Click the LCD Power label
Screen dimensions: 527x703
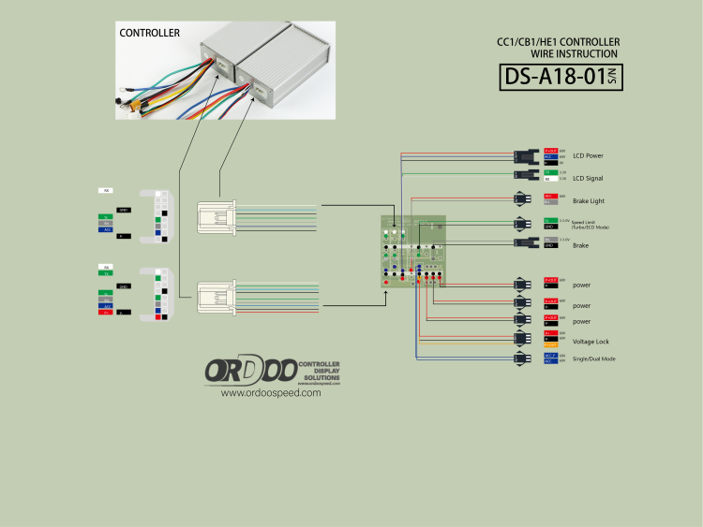(x=588, y=155)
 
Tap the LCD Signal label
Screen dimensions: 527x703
(x=588, y=178)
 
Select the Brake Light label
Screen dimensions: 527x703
(x=587, y=200)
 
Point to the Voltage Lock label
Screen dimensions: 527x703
(x=591, y=341)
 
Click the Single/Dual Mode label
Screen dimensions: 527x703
(x=594, y=359)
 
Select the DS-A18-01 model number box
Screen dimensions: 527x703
(x=561, y=77)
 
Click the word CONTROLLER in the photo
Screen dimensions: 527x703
(x=149, y=33)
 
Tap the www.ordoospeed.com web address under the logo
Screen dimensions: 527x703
(x=271, y=393)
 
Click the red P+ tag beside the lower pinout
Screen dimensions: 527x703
(x=108, y=312)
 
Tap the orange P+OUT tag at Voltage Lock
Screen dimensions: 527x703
(x=551, y=345)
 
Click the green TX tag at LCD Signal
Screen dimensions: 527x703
(x=551, y=172)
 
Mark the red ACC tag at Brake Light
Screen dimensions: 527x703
(x=551, y=196)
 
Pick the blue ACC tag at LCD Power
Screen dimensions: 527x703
(x=551, y=155)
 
